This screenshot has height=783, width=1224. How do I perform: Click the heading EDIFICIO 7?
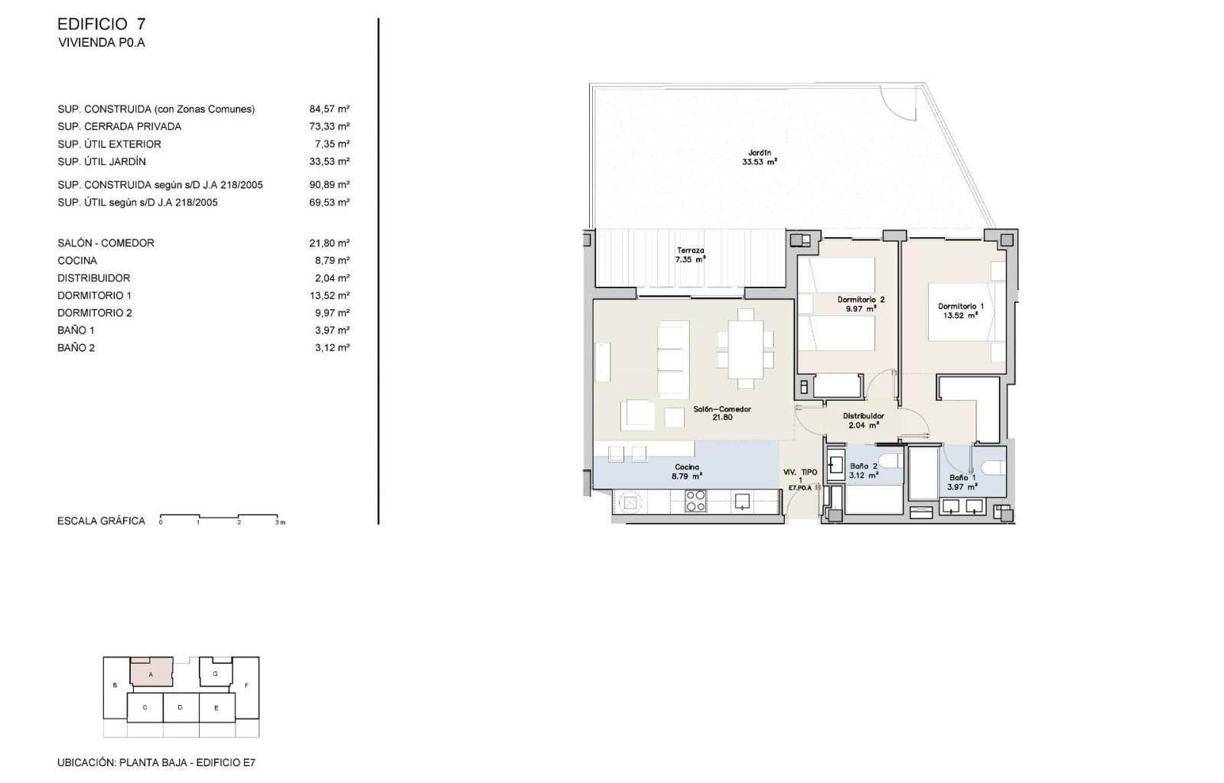point(101,24)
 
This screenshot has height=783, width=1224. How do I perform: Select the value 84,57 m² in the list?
point(330,109)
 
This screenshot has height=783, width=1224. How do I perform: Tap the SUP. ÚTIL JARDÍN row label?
point(102,161)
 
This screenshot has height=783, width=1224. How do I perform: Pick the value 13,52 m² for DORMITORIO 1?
point(332,295)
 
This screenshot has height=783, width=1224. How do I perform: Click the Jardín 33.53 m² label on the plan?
point(760,158)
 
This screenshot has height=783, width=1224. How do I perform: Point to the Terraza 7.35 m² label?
point(690,255)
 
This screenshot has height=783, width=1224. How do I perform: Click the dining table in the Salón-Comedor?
point(745,349)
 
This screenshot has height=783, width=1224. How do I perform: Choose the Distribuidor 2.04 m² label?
point(864,421)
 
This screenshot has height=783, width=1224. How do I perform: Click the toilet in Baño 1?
point(994,468)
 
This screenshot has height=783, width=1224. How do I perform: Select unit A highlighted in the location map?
point(151,671)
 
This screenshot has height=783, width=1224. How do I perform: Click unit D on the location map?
point(181,707)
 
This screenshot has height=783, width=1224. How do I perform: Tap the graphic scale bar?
point(219,517)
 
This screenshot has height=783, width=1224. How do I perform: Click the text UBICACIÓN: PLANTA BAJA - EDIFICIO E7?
point(156,763)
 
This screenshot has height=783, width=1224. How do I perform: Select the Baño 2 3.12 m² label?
point(864,471)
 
